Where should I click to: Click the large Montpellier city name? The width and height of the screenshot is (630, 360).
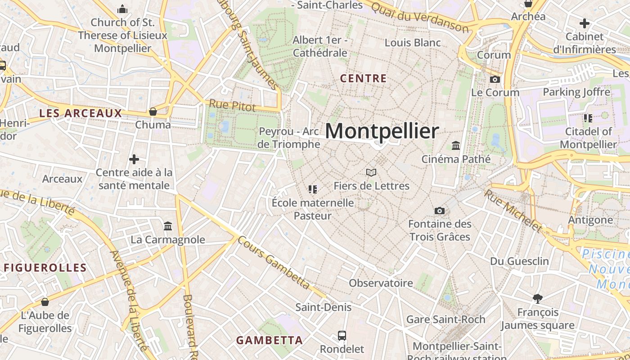pyautogui.click(x=382, y=131)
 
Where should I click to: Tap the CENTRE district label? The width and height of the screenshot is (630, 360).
pyautogui.click(x=363, y=78)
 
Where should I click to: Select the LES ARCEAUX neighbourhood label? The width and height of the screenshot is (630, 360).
pyautogui.click(x=81, y=113)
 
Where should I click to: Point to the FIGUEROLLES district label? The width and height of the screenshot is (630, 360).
pyautogui.click(x=45, y=268)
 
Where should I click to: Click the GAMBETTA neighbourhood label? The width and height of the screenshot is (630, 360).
pyautogui.click(x=270, y=340)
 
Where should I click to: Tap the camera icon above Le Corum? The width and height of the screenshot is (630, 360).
pyautogui.click(x=495, y=80)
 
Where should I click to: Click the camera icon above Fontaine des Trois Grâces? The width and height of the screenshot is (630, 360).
pyautogui.click(x=439, y=211)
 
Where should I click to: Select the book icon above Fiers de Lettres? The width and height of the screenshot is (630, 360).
pyautogui.click(x=371, y=172)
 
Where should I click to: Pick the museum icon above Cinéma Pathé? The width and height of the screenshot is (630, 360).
pyautogui.click(x=456, y=146)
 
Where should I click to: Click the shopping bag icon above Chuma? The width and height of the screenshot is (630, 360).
pyautogui.click(x=153, y=112)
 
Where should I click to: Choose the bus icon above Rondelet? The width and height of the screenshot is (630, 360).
pyautogui.click(x=342, y=336)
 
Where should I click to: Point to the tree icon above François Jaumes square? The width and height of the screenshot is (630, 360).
pyautogui.click(x=537, y=298)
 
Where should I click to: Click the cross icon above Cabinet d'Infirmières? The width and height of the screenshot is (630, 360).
pyautogui.click(x=584, y=23)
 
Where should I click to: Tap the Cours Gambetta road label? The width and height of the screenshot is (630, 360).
pyautogui.click(x=274, y=262)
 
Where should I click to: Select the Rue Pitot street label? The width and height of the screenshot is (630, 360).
pyautogui.click(x=232, y=106)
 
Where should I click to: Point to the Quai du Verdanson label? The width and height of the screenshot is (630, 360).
pyautogui.click(x=420, y=16)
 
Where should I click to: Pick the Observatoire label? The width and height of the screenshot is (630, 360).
pyautogui.click(x=381, y=283)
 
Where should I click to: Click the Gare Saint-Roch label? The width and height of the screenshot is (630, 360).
pyautogui.click(x=445, y=319)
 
